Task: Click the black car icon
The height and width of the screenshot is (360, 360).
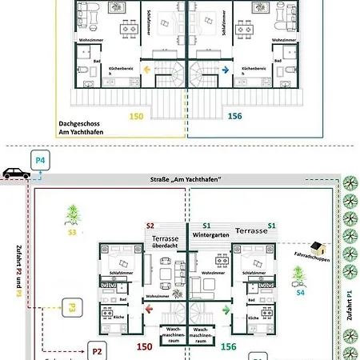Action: coord(14,172)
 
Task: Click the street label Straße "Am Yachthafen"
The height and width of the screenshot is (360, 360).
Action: coord(186,180)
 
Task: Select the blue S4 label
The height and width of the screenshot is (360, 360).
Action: coord(300,293)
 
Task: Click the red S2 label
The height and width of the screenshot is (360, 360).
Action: coord(150,226)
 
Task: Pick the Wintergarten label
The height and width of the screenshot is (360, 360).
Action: coord(212,234)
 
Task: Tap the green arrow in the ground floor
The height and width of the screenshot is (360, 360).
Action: coord(226,305)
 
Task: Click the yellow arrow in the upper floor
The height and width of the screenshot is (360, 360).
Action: coord(147,70)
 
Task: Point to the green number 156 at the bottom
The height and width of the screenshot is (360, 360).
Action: coord(228,346)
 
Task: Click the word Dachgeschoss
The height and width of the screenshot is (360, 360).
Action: coord(78,124)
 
